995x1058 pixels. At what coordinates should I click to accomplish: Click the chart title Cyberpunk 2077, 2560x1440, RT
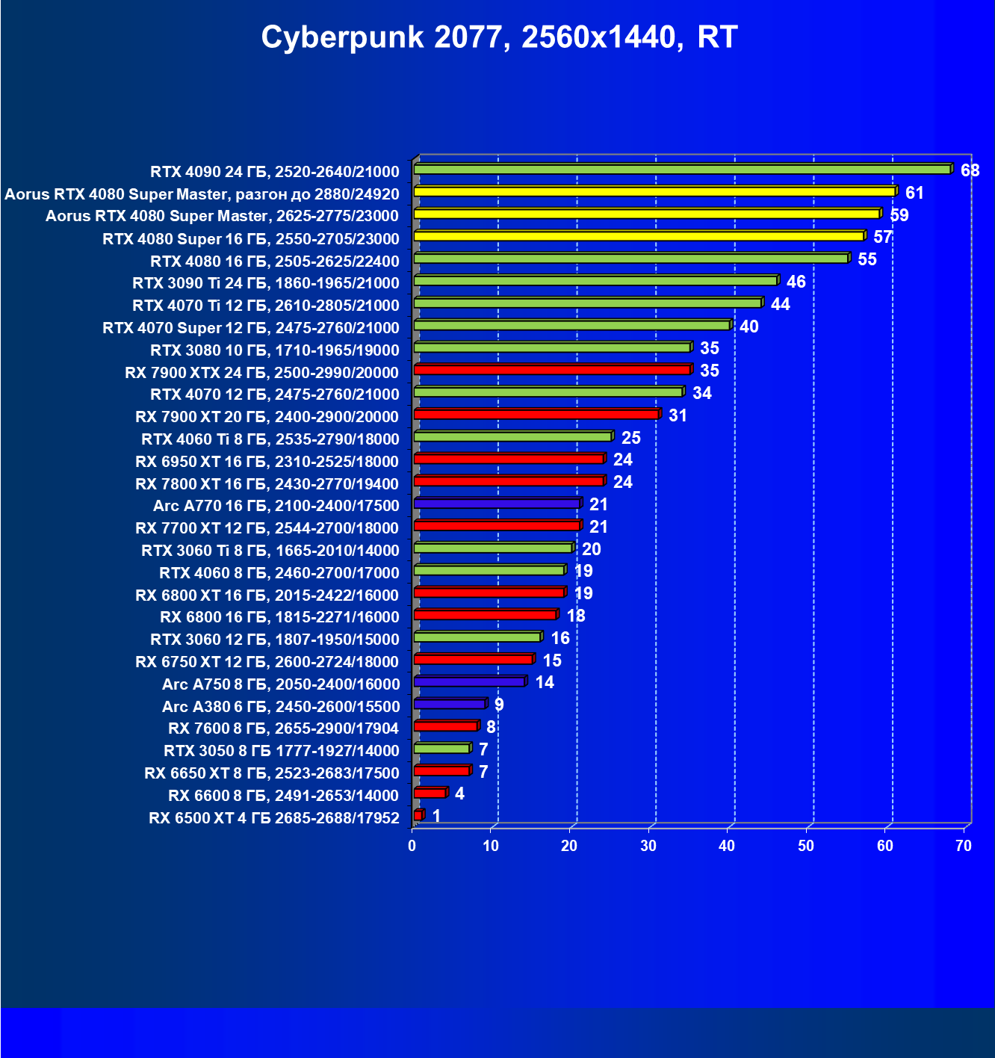point(499,37)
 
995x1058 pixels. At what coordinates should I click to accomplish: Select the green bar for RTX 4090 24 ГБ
point(681,170)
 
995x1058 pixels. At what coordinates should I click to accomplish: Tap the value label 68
point(970,170)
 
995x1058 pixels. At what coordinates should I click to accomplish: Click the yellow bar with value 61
point(654,192)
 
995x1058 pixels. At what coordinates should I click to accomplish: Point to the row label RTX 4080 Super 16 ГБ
point(251,239)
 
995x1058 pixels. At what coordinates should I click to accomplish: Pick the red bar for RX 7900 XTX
point(552,370)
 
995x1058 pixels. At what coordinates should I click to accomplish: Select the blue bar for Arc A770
point(497,504)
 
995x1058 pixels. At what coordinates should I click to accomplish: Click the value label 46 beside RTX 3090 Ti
point(796,282)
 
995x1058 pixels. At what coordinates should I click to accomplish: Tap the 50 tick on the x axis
point(805,846)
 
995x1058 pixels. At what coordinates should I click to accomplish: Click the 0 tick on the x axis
point(412,846)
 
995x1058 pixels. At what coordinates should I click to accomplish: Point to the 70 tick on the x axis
point(964,846)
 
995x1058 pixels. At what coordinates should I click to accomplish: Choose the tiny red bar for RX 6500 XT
point(418,815)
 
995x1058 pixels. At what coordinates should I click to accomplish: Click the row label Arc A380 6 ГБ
point(281,707)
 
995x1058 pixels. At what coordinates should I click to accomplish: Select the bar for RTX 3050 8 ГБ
point(441,749)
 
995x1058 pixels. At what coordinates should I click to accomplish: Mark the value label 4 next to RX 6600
point(459,793)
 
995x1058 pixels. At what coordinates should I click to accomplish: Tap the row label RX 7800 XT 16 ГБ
point(267,484)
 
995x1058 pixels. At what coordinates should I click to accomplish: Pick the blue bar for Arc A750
point(469,681)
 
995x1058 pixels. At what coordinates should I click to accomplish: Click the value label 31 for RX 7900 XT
point(678,415)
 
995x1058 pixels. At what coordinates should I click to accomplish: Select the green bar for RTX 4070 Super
point(571,325)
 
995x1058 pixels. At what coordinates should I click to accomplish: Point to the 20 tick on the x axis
point(569,846)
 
